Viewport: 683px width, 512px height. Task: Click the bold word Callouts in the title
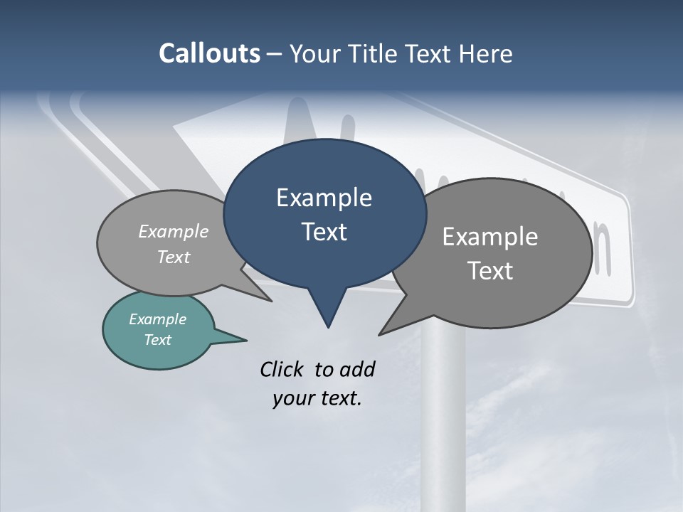pyautogui.click(x=209, y=53)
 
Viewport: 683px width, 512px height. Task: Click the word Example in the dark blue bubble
pyautogui.click(x=324, y=198)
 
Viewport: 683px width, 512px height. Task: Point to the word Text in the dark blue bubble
pyautogui.click(x=324, y=232)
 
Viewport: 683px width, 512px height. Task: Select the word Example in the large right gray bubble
pyautogui.click(x=490, y=237)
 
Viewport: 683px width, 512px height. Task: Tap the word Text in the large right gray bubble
pyautogui.click(x=490, y=271)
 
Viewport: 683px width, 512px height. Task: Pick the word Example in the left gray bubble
pyautogui.click(x=174, y=231)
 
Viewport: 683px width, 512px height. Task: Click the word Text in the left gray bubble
pyautogui.click(x=174, y=257)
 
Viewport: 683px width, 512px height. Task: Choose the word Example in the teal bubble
pyautogui.click(x=157, y=319)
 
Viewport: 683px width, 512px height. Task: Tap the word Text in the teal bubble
pyautogui.click(x=157, y=340)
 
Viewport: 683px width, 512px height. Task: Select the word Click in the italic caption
pyautogui.click(x=282, y=369)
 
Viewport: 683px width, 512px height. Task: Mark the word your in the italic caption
pyautogui.click(x=292, y=398)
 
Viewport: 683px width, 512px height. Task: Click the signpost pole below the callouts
pyautogui.click(x=442, y=427)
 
